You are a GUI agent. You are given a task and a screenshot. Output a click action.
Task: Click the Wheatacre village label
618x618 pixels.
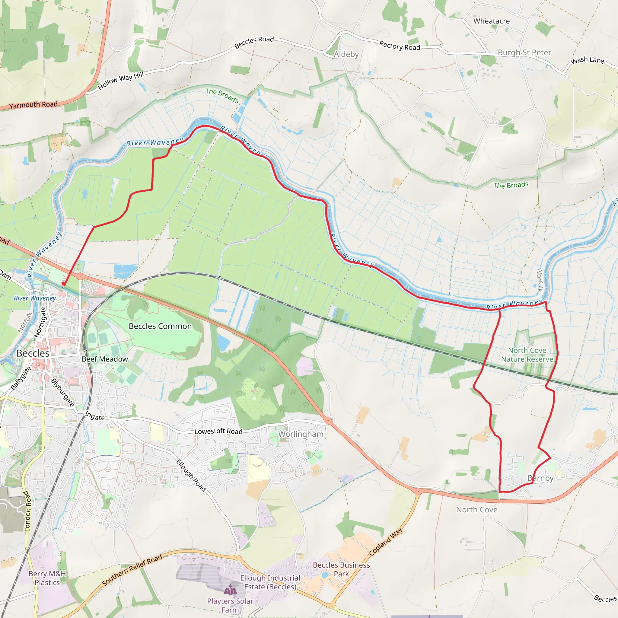491,21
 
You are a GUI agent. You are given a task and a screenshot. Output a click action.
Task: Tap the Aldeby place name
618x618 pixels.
346,54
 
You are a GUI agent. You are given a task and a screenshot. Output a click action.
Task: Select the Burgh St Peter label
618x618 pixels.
524,53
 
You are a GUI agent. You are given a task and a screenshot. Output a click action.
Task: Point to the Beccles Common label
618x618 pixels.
160,326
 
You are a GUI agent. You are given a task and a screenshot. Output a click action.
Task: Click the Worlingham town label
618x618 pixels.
301,434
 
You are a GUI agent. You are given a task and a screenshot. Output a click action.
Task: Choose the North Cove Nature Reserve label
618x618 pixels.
527,355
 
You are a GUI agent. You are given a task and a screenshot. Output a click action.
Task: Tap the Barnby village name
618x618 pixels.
540,478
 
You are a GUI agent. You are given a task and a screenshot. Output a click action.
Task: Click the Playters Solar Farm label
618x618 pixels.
230,606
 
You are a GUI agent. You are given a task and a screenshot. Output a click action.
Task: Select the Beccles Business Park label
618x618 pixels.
341,569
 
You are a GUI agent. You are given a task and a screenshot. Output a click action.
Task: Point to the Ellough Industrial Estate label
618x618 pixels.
270,582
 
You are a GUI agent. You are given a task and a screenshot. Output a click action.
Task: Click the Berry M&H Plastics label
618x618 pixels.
47,578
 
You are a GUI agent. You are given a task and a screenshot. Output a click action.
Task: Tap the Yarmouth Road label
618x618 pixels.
33,105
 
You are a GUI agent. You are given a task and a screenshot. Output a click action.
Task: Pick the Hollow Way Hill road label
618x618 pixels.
121,81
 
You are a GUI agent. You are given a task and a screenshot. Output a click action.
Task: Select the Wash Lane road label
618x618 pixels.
588,60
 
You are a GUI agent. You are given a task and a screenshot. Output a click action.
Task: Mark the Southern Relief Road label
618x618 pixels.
132,571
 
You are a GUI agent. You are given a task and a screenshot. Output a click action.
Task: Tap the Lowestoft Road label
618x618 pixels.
218,431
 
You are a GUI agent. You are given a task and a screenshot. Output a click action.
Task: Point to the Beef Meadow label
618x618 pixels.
105,359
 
